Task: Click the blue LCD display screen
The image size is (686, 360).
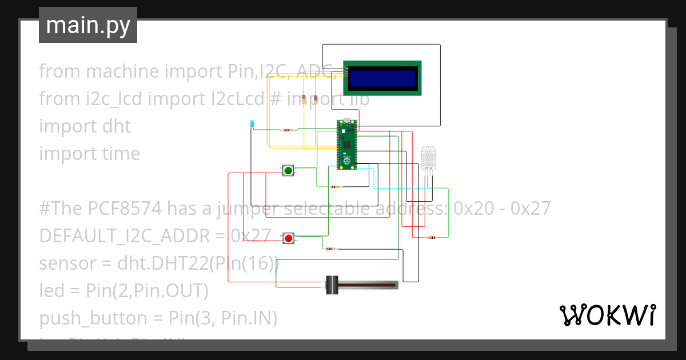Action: point(382,78)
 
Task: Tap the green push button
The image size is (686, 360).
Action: point(288,170)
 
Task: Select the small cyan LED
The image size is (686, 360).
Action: point(252,123)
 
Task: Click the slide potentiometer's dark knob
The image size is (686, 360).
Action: point(332,285)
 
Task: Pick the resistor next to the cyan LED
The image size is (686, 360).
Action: point(288,130)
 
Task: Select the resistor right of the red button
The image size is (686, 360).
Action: point(330,249)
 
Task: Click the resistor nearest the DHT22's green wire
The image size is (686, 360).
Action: point(430,237)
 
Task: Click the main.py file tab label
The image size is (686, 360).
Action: point(88,25)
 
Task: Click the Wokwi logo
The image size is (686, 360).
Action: point(607,315)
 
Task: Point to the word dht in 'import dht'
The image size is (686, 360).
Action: point(116,126)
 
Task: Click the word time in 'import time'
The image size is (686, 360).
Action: point(118,153)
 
